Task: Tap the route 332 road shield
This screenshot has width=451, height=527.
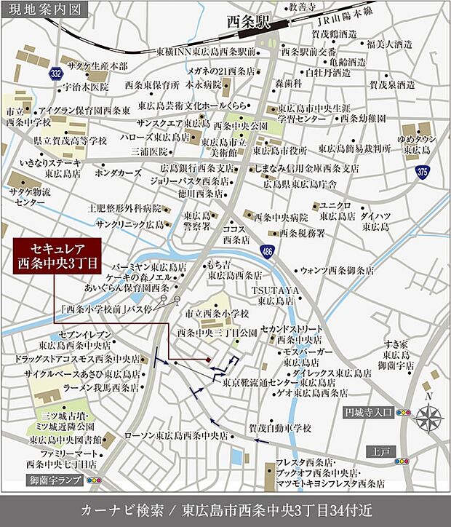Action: pos(56,74)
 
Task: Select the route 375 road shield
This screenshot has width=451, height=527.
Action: pos(423,172)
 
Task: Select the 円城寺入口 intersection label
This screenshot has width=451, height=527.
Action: pos(368,412)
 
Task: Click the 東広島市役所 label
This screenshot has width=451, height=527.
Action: pos(279,151)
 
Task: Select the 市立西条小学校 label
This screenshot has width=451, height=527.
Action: pos(217,312)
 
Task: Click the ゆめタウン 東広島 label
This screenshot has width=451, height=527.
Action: pos(415,144)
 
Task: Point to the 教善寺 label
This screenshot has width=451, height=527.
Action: pos(302,7)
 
